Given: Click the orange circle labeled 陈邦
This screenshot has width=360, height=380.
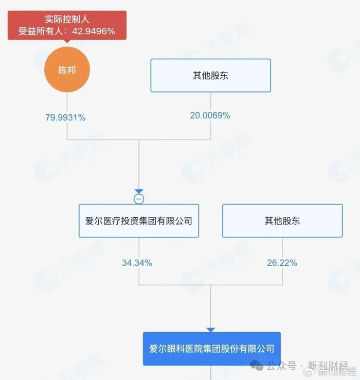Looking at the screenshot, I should click(x=67, y=70).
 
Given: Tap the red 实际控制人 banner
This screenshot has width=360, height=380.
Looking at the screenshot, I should click(x=67, y=25).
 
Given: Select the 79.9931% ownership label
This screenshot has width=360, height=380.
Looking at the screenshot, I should click(x=66, y=117).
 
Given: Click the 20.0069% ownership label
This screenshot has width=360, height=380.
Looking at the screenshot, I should click(x=210, y=115).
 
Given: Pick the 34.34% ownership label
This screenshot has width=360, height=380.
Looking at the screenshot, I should click(x=137, y=263).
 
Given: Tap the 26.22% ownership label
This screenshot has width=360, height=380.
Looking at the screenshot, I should click(x=282, y=263).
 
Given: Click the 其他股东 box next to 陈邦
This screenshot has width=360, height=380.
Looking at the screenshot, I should click(x=210, y=76).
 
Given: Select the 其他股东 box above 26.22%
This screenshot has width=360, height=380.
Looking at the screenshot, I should click(x=282, y=221).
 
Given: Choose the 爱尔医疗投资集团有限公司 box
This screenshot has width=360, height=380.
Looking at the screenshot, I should click(x=139, y=221).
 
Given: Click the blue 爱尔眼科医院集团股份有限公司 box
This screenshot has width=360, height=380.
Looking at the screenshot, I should click(x=211, y=349).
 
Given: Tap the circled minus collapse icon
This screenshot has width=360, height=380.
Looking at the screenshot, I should click(x=139, y=199).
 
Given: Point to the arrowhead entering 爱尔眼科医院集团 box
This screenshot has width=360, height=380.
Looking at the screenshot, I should click(x=211, y=330).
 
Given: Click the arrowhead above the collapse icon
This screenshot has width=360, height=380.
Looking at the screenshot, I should click(x=139, y=192).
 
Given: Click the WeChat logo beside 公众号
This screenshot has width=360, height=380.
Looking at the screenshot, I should click(x=257, y=366).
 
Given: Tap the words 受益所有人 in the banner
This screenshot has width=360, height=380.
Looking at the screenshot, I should click(x=42, y=31).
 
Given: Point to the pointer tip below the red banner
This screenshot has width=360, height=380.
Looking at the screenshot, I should click(x=67, y=43).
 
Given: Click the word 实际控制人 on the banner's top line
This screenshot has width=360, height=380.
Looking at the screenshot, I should click(x=67, y=20).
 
